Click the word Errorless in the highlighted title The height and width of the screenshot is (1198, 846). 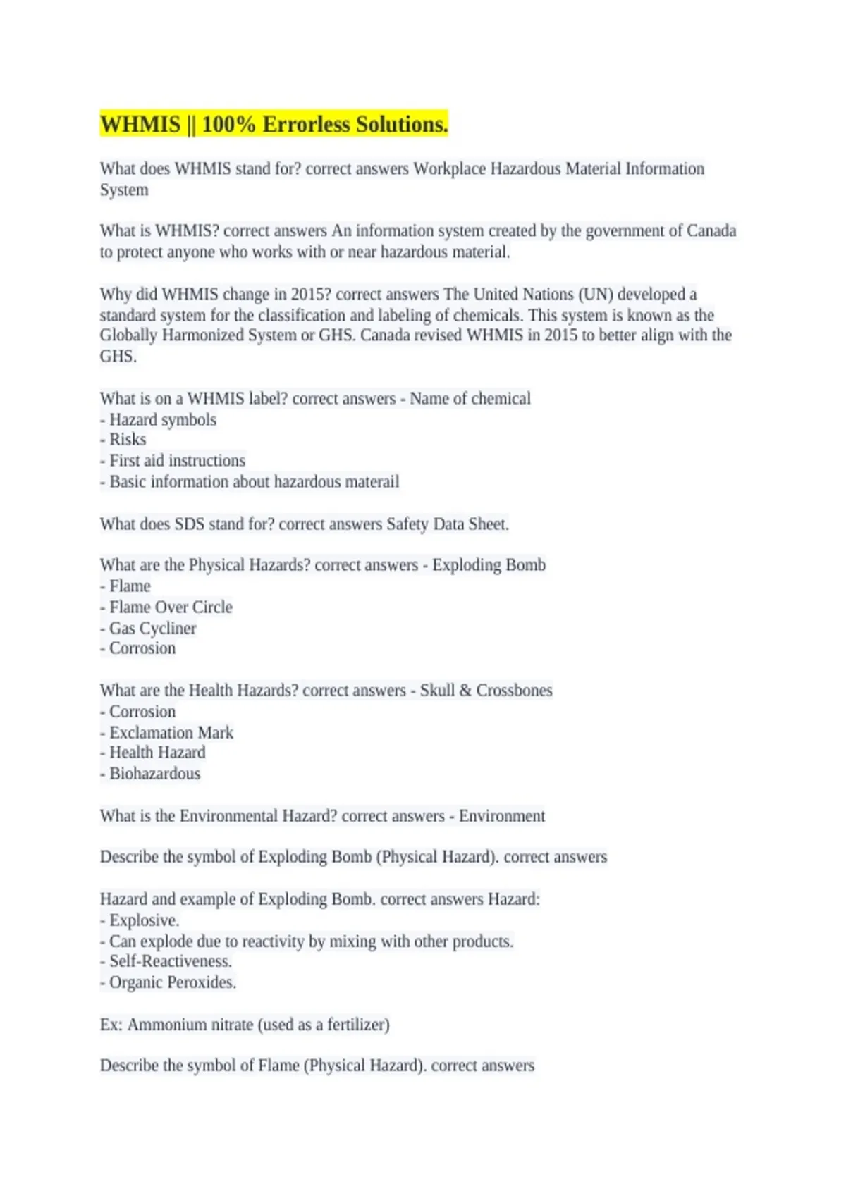tap(305, 125)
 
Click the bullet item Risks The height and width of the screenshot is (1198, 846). tap(128, 440)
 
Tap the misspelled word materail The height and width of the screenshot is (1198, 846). tap(372, 482)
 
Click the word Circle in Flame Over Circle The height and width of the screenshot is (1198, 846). tap(212, 607)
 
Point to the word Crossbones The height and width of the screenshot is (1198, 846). tap(514, 691)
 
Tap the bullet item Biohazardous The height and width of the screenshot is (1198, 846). tap(154, 774)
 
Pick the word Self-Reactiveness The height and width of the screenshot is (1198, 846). tap(171, 961)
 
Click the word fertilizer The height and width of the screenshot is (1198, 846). tap(357, 1025)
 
